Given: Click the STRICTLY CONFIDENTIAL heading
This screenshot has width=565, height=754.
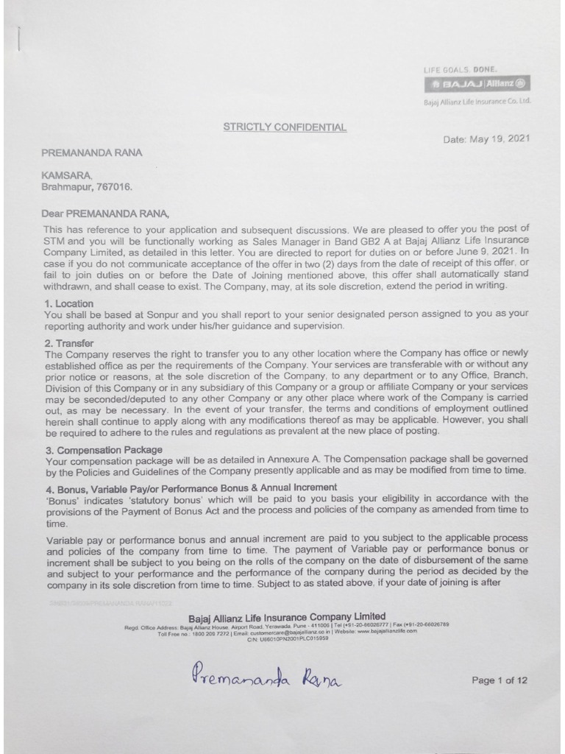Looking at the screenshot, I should coord(285,127).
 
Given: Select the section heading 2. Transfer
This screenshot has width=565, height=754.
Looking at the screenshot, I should coord(68,342).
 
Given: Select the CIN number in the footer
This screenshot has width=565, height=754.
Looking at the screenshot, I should coord(288,638).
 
